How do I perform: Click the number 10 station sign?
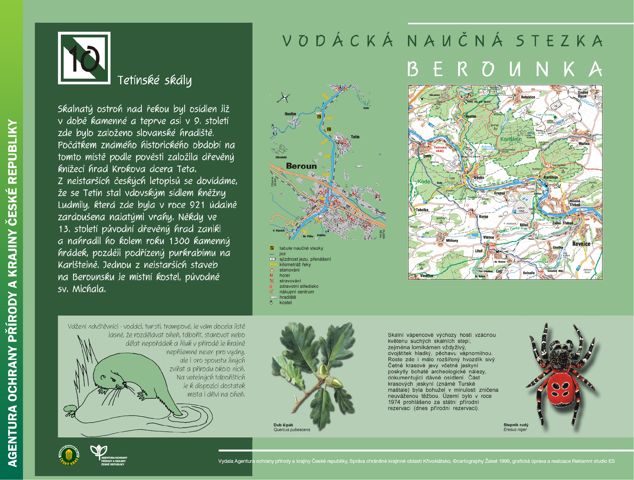[x=84, y=58]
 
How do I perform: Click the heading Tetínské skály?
[x=155, y=80]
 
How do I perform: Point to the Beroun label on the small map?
[x=301, y=166]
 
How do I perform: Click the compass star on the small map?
[x=284, y=97]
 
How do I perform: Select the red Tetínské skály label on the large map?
[x=440, y=149]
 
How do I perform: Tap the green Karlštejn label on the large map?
[x=511, y=139]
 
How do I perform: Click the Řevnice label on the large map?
[x=581, y=244]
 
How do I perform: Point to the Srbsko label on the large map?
[x=479, y=177]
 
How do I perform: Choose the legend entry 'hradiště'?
[x=287, y=297]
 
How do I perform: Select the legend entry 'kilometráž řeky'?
[x=295, y=265]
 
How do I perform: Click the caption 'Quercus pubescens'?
[x=292, y=430]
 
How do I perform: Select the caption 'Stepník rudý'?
[x=516, y=425]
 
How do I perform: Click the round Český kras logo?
[x=69, y=455]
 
